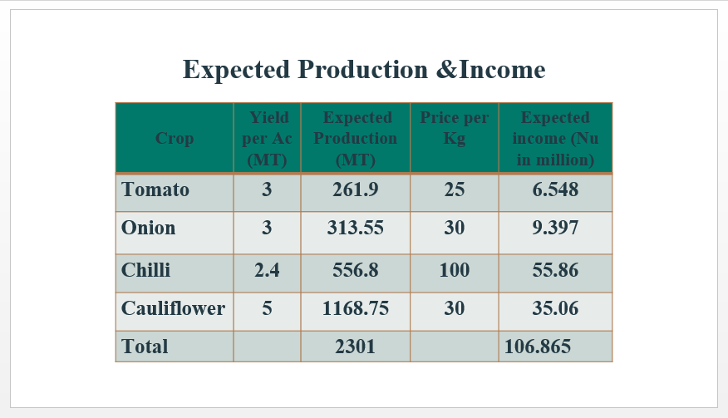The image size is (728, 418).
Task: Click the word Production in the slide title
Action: click(362, 70)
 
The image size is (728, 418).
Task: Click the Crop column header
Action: click(175, 138)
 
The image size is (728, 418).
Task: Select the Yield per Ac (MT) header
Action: click(267, 139)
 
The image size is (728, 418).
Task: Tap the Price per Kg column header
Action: click(455, 128)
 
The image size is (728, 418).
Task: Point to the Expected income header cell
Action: click(555, 139)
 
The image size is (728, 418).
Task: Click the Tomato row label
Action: click(155, 189)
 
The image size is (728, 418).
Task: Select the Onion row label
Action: click(149, 228)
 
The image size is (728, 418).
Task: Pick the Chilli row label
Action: click(145, 270)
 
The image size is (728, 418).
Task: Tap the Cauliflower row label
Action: click(173, 308)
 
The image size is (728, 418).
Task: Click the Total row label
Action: click(145, 346)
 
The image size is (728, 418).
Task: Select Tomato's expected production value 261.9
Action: click(356, 189)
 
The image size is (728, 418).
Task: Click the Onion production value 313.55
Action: click(356, 228)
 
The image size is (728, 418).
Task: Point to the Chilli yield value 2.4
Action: click(267, 270)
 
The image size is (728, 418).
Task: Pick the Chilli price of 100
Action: click(455, 270)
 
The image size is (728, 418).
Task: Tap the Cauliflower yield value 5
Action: click(267, 308)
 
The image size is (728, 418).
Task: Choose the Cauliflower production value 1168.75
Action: click(356, 308)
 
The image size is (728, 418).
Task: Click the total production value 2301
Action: click(355, 346)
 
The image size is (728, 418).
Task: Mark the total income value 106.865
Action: click(538, 346)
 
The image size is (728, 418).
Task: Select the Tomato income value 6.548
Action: click(555, 189)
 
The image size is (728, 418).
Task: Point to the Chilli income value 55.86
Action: click(555, 270)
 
